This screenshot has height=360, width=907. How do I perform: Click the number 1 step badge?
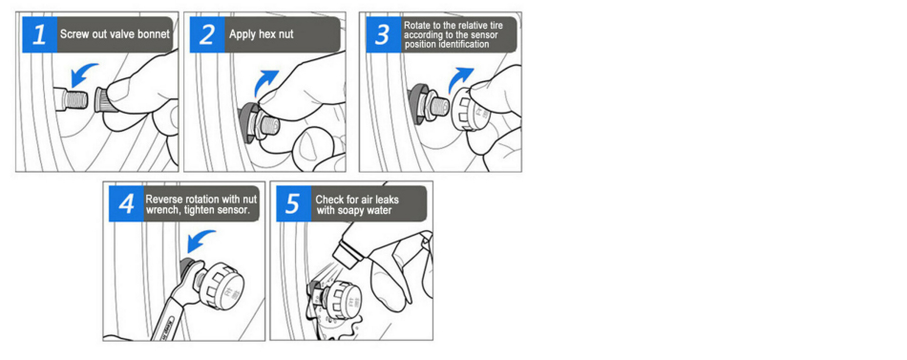pos(40,34)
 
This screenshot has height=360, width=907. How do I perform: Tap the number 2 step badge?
pos(207,34)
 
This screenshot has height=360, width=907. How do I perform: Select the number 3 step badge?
pos(382,34)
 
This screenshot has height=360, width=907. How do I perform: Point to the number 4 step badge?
pos(127,203)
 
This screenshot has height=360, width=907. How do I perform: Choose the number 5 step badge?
pos(294,203)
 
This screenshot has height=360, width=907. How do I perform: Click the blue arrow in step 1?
pos(83,74)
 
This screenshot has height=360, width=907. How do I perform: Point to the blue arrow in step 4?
pos(200,242)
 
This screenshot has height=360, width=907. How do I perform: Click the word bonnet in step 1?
pos(154,34)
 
